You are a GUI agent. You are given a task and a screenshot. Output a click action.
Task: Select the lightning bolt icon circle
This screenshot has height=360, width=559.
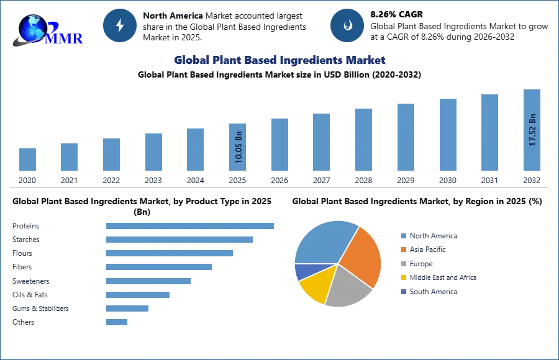click(x=120, y=25)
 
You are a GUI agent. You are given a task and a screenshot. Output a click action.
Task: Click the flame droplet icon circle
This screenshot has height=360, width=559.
click(x=347, y=25)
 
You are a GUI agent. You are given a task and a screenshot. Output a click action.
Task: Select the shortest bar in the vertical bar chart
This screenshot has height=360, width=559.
click(x=27, y=159)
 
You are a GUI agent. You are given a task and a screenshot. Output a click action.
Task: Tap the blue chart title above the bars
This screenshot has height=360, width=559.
click(x=281, y=60)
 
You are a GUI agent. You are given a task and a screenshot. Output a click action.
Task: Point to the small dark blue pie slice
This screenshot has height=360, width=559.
click(x=302, y=271)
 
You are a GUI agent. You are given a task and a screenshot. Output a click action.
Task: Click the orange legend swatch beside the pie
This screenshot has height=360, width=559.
click(x=403, y=250)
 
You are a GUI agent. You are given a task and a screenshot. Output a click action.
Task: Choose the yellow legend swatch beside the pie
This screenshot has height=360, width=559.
click(x=403, y=278)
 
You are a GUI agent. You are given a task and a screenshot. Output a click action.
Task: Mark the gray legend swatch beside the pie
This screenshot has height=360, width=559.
click(x=403, y=264)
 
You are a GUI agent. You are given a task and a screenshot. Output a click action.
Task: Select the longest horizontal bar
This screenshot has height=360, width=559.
click(x=191, y=226)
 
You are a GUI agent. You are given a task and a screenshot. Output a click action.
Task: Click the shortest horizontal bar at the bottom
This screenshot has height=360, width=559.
click(x=117, y=322)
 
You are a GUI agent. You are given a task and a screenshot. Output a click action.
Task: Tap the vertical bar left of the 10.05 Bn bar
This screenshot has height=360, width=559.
click(x=194, y=149)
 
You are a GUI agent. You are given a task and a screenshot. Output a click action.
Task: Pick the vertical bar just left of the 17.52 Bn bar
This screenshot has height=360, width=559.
click(x=489, y=133)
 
